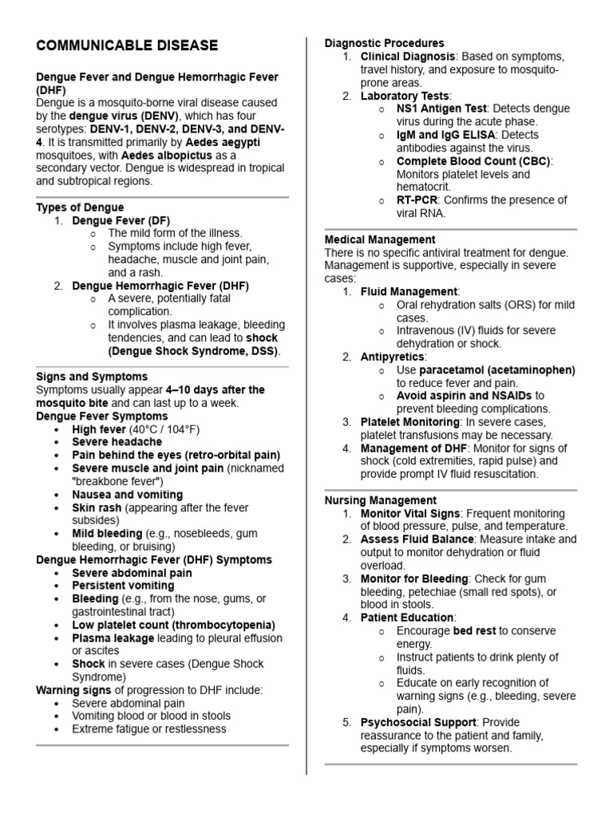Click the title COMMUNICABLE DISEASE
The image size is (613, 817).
(x=127, y=45)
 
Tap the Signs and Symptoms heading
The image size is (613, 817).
(x=92, y=377)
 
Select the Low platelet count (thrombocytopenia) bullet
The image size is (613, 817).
(x=173, y=625)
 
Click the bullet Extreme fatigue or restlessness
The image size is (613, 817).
(x=148, y=728)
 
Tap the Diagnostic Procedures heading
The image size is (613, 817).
(x=384, y=43)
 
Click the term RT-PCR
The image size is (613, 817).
(x=418, y=199)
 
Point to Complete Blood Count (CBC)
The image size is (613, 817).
(x=473, y=161)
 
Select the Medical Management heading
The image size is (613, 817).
(x=380, y=239)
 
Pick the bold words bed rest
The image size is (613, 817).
(x=474, y=631)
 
